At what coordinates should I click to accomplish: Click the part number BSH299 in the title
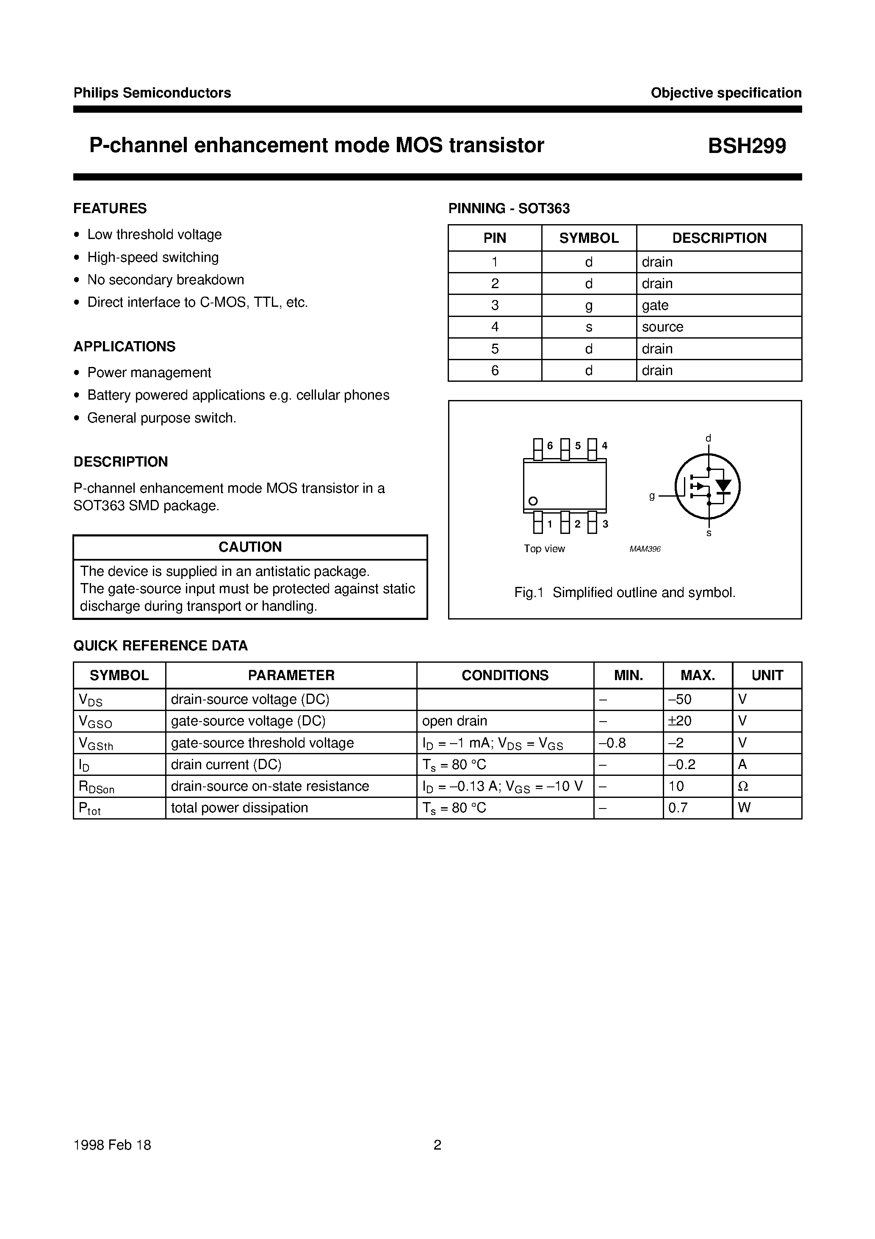tap(747, 146)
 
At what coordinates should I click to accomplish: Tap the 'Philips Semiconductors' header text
tap(152, 93)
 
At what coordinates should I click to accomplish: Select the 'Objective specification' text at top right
tap(725, 93)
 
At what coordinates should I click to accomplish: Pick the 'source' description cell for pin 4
tap(662, 327)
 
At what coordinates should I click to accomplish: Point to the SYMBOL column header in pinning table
tap(589, 238)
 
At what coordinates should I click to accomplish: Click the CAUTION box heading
tap(250, 547)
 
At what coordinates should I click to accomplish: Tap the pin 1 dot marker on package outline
tap(533, 501)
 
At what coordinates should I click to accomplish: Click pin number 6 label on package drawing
tap(550, 446)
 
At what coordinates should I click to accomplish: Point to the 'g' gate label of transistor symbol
tap(652, 495)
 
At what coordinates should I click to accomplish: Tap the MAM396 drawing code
tap(645, 549)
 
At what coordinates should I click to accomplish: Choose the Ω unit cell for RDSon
tap(743, 786)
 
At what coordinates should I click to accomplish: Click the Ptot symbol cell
tap(89, 808)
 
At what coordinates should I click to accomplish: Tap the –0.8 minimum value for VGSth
tap(612, 743)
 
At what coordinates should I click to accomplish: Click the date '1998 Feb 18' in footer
tap(112, 1145)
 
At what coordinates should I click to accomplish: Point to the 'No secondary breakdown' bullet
tap(166, 280)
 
